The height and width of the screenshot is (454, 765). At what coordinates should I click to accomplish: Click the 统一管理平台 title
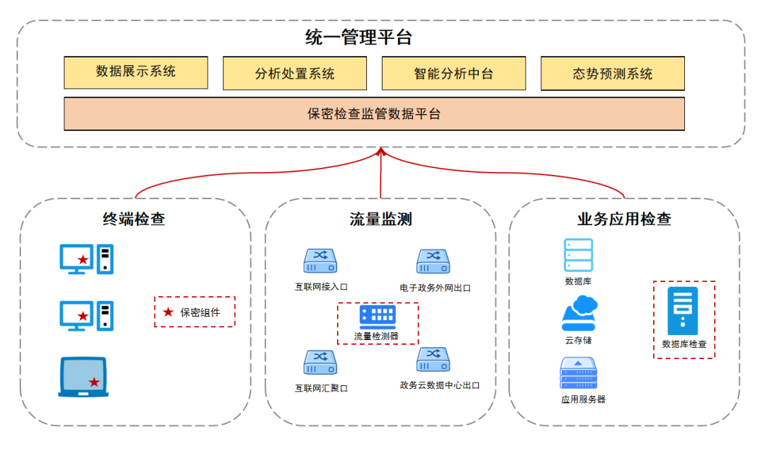pos(358,38)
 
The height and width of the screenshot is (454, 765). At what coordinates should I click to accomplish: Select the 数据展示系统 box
pos(136,72)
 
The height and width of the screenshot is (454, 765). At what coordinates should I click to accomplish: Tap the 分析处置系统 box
pos(295,74)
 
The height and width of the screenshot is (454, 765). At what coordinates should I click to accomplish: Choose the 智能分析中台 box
pos(453,74)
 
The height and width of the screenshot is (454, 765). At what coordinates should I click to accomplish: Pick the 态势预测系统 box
pos(613,74)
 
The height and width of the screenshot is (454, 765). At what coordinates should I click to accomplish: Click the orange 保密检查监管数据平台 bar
pos(374,114)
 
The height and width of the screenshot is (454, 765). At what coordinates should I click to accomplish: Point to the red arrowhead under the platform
pos(381,151)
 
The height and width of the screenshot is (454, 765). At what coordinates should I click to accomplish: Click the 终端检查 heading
pos(134,219)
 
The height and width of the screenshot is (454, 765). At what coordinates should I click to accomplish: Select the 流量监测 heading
pos(380,219)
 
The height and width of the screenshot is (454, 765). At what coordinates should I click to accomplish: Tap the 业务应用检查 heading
pos(624,219)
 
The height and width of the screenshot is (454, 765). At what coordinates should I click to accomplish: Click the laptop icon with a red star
pos(84,376)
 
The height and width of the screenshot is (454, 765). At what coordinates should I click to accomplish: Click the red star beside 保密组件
pos(168,312)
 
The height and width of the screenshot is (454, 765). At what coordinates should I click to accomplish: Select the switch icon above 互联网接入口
pos(320,261)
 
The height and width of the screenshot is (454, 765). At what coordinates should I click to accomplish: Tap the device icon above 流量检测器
pos(377,316)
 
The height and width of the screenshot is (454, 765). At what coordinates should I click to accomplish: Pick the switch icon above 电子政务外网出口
pos(433,261)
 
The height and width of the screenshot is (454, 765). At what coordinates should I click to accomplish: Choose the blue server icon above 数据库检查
pos(683,311)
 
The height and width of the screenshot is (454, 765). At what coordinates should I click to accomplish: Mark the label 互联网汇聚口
pos(321,388)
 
